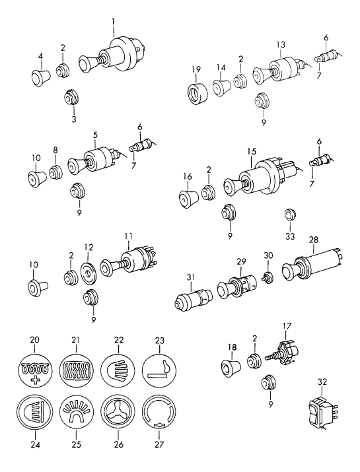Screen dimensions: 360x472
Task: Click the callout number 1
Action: point(113,22)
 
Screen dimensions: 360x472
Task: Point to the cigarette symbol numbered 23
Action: point(160,370)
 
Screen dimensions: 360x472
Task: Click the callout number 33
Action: point(290,236)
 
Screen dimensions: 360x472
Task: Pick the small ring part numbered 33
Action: point(291,214)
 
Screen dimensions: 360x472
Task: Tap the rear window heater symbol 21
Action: point(77,370)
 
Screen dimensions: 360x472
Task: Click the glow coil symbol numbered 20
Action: point(35,370)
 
